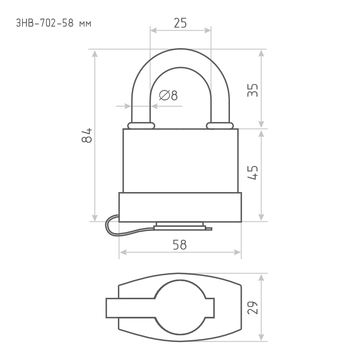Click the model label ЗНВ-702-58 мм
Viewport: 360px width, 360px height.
pos(54,23)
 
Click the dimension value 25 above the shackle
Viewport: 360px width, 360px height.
pos(180,23)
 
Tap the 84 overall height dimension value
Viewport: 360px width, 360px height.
pos(87,135)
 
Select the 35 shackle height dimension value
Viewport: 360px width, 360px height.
pos(252,90)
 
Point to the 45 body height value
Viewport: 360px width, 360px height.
pos(252,172)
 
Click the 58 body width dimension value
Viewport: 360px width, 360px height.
pos(180,245)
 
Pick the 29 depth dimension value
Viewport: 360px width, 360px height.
pos(252,307)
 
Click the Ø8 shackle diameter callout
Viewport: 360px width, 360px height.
pos(168,95)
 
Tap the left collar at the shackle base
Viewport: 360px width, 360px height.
pos(141,126)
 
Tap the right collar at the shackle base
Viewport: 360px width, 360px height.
pos(220,126)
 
